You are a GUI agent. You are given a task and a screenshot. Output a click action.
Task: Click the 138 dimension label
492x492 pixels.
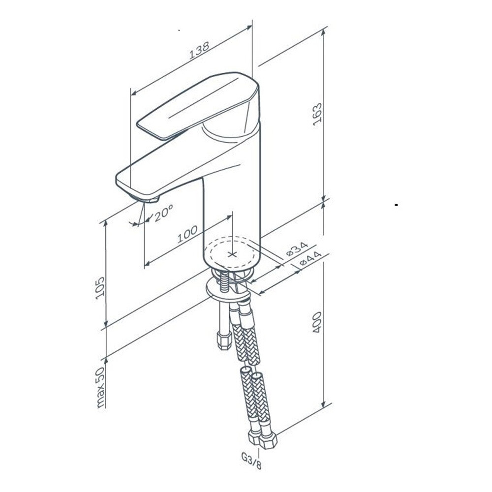tap(199, 50)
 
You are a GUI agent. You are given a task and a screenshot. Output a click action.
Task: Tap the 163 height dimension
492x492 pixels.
tap(317, 114)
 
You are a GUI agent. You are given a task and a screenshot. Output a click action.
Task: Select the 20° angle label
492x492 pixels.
tap(163, 213)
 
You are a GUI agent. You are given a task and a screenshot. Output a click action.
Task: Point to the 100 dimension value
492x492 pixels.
tap(187, 234)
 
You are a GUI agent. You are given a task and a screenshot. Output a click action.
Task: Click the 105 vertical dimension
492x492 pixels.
tap(100, 288)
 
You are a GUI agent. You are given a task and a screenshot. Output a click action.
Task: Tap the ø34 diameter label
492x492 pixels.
tap(297, 248)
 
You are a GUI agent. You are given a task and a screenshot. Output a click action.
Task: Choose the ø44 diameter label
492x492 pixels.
tap(310, 259)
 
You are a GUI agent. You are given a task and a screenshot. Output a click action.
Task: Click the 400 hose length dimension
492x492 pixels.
tap(317, 322)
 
